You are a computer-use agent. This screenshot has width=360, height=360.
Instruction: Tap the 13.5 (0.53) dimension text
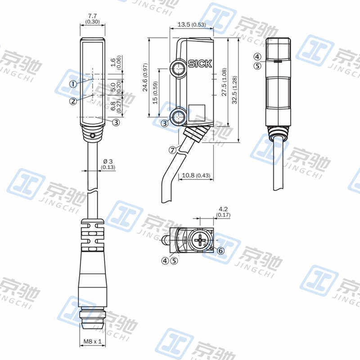point(192,24)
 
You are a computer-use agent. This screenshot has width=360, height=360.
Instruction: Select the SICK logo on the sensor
point(200,63)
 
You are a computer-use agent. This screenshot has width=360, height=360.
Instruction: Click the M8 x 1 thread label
point(92,341)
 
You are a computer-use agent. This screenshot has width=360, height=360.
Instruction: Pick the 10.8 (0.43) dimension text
point(196,175)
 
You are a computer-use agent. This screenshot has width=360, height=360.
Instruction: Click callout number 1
point(73,84)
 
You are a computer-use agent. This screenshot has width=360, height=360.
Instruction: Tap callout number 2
point(73,101)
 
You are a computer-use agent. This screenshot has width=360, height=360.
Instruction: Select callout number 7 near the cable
point(173,150)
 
